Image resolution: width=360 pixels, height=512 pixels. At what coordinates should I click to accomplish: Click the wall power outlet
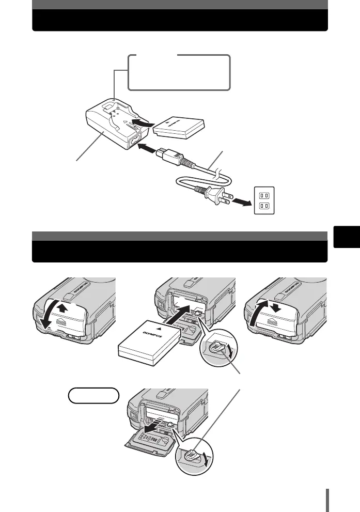[x=264, y=200]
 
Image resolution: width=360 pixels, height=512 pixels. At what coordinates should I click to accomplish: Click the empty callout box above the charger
[x=179, y=72]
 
